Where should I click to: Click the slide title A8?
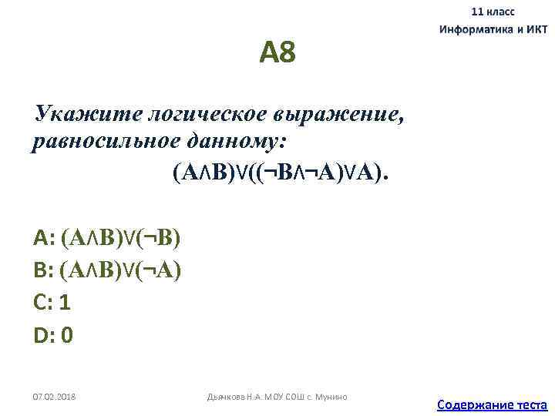pyautogui.click(x=277, y=54)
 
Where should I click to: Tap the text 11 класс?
pyautogui.click(x=493, y=12)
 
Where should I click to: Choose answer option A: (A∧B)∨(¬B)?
pyautogui.click(x=107, y=237)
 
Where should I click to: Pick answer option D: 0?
pyautogui.click(x=53, y=336)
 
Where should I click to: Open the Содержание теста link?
pyautogui.click(x=492, y=404)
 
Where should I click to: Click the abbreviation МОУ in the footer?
pyautogui.click(x=274, y=397)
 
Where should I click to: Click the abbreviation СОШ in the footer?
pyautogui.click(x=297, y=397)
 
